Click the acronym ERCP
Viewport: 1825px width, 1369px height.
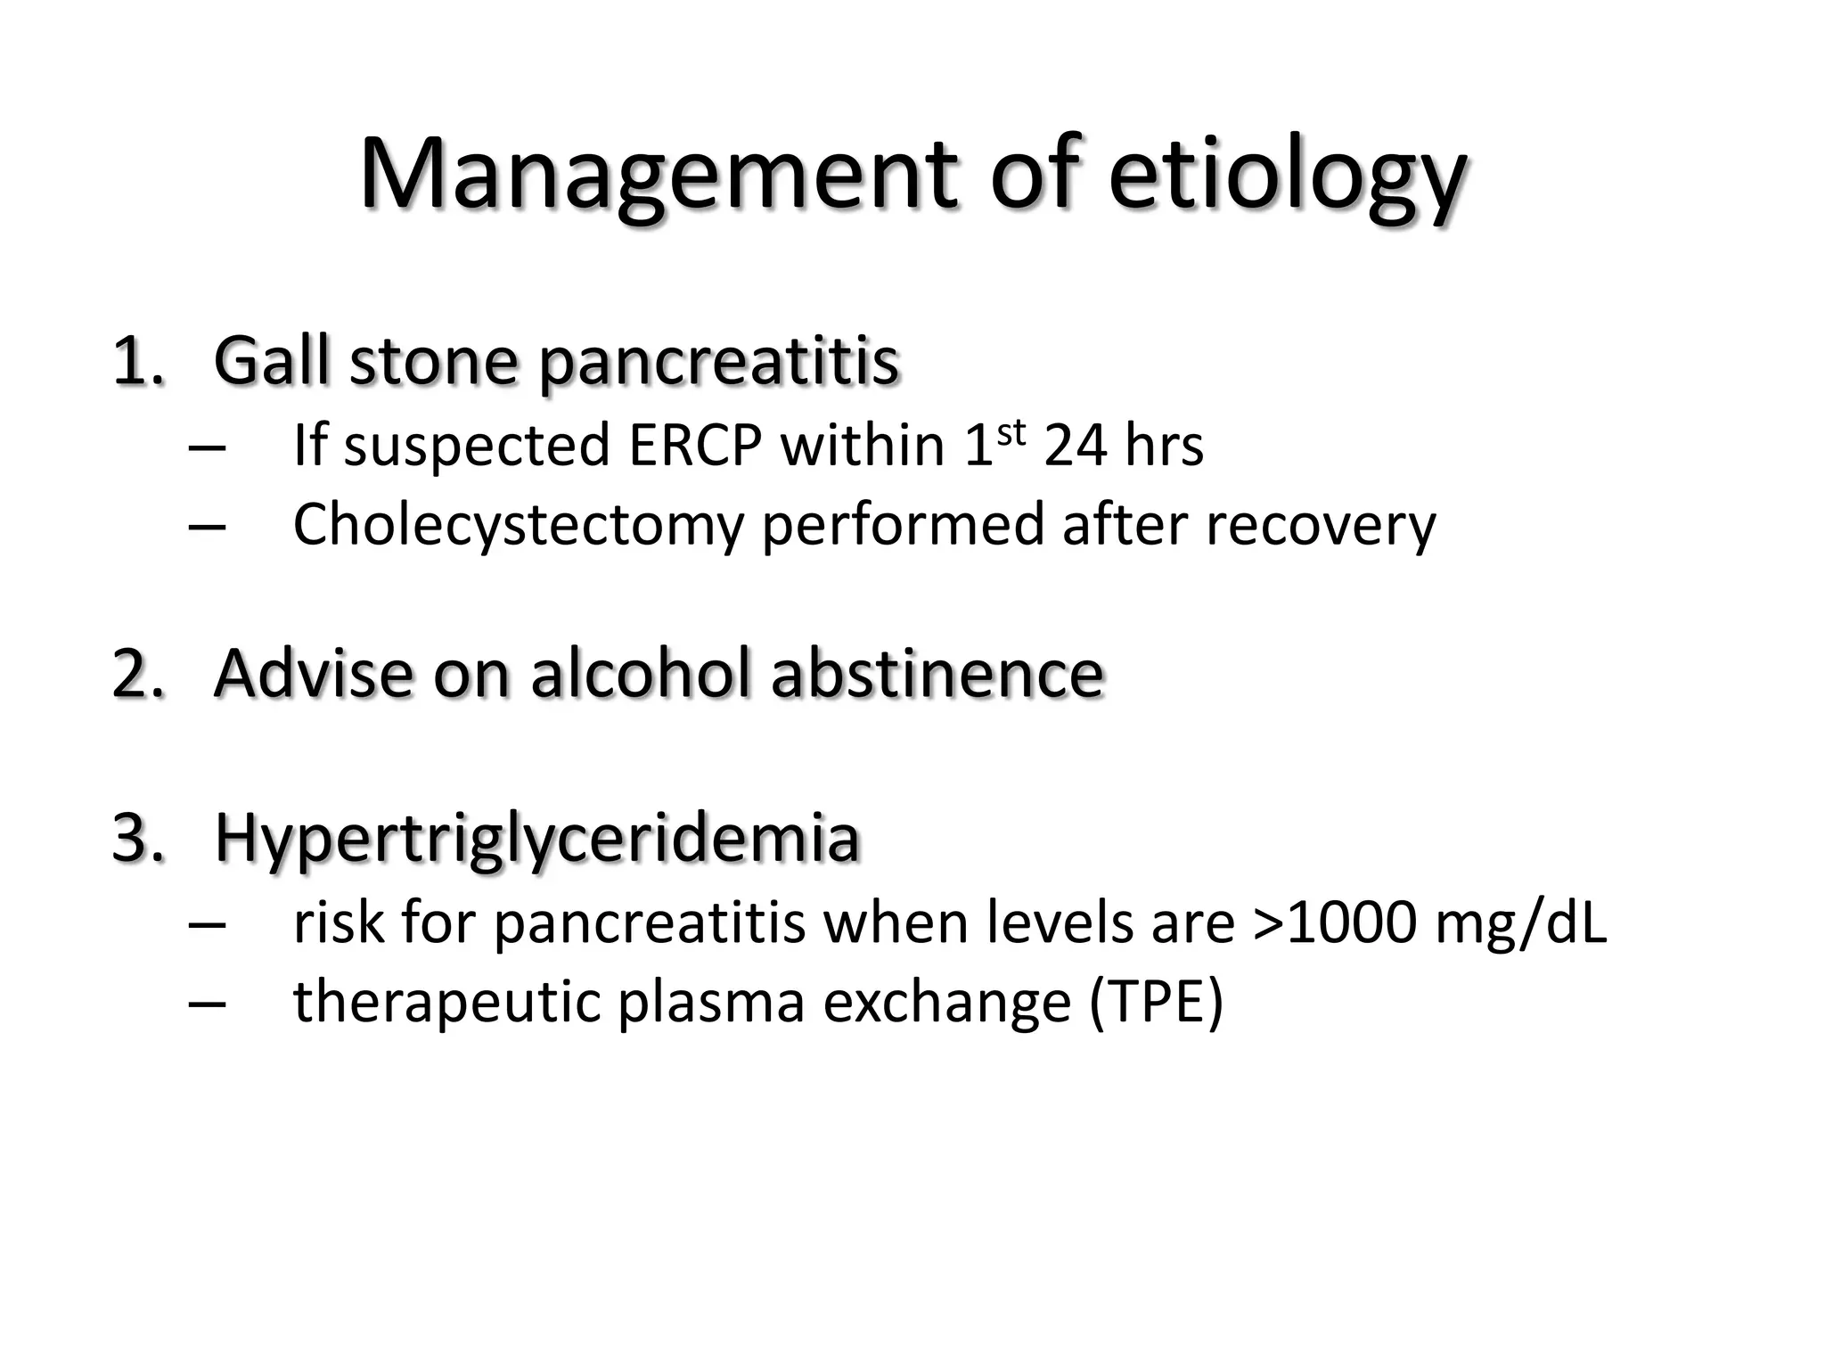point(695,445)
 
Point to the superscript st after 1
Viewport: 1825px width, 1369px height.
point(1011,431)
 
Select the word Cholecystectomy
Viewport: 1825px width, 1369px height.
point(518,525)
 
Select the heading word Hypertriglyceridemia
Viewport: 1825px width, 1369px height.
point(536,840)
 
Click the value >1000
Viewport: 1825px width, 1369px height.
point(1334,922)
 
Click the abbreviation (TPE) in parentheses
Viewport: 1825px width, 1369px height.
point(1156,1002)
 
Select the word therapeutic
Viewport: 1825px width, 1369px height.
point(446,1002)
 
